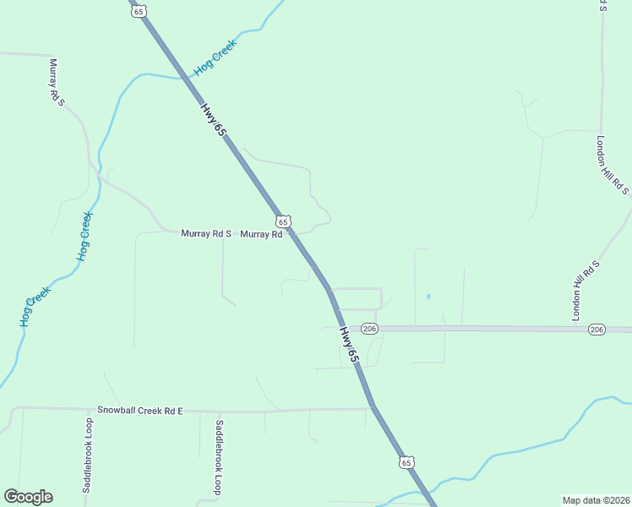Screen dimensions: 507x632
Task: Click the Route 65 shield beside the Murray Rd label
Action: [284, 221]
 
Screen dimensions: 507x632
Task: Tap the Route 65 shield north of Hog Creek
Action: [139, 9]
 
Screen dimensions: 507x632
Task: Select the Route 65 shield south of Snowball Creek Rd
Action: [407, 462]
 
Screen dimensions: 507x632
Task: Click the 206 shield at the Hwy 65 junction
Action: [369, 328]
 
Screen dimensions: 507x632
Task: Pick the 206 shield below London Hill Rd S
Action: [597, 329]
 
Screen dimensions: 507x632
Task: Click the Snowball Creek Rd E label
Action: [139, 410]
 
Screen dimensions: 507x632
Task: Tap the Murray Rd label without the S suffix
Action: [261, 234]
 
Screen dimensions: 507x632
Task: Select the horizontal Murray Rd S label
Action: [206, 233]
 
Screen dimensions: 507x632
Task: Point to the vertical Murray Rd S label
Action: [57, 82]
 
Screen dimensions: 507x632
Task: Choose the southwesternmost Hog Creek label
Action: [36, 307]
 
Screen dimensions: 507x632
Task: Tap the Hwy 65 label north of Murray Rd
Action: [214, 120]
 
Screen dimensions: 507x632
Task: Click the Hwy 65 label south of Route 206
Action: [350, 346]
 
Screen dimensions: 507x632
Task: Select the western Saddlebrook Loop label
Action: [87, 455]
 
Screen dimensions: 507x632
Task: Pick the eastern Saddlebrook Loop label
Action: [219, 457]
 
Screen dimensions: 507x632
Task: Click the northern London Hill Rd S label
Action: [613, 166]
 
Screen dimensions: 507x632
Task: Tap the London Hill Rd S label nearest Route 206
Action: [586, 290]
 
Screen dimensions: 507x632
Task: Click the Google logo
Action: [28, 497]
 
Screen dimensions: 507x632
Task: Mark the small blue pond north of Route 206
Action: [428, 297]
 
